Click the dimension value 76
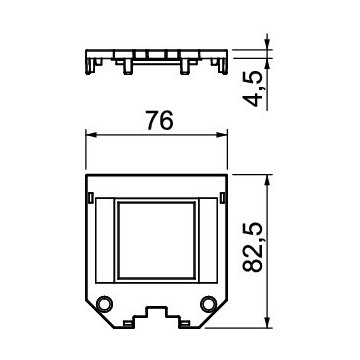click(160, 120)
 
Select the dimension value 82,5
click(253, 247)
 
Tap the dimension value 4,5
click(252, 89)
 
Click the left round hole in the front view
click(104, 304)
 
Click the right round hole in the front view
click(209, 304)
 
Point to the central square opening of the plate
click(157, 239)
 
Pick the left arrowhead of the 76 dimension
click(91, 135)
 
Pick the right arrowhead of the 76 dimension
click(222, 135)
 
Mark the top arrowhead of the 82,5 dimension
click(267, 180)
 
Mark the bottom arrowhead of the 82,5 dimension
click(267, 322)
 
